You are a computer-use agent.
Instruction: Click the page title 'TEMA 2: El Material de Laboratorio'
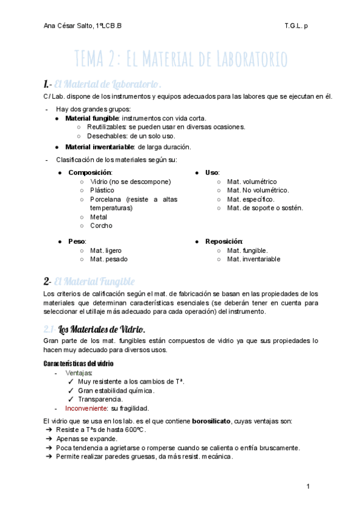[x=181, y=60]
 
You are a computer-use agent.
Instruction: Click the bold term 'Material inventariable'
[x=100, y=146]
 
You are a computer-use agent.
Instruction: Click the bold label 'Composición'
[x=90, y=172]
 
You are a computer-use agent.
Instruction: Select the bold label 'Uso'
[x=212, y=172]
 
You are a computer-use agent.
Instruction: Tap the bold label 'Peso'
[x=77, y=241]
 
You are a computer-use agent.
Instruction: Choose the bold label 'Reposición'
[x=224, y=241]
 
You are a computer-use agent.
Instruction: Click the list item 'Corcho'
[x=101, y=226]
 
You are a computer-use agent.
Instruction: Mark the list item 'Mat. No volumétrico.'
[x=258, y=190]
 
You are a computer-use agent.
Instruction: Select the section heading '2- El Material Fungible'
[x=89, y=281]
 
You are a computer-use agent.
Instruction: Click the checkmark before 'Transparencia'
[x=71, y=399]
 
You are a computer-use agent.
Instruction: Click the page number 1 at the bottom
[x=309, y=486]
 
